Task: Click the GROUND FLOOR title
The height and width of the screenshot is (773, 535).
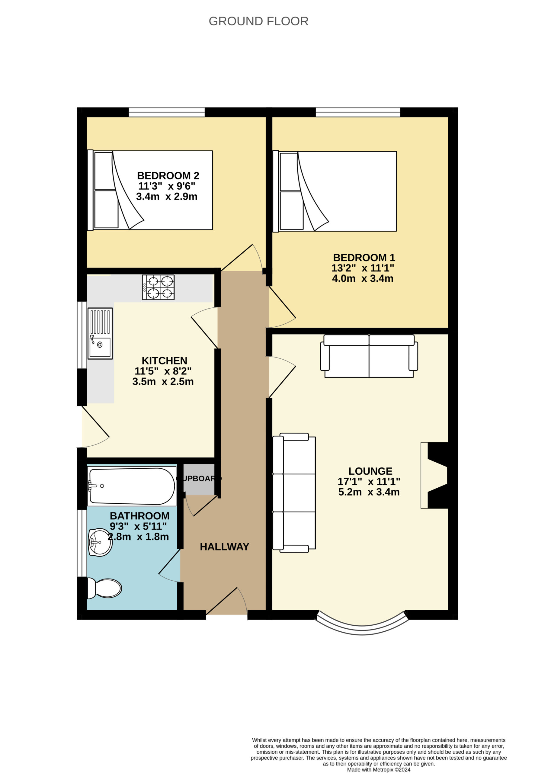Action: pyautogui.click(x=258, y=21)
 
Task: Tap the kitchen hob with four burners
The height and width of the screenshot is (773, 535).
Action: pyautogui.click(x=158, y=287)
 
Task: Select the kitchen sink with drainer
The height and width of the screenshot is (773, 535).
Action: pyautogui.click(x=100, y=333)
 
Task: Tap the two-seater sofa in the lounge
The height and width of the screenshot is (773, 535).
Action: pyautogui.click(x=369, y=356)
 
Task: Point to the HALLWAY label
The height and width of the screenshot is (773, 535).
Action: pyautogui.click(x=224, y=547)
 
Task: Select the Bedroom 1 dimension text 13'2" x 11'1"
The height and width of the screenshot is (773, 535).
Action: pyautogui.click(x=363, y=268)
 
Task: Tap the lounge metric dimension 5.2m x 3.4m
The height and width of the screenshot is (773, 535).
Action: pyautogui.click(x=369, y=492)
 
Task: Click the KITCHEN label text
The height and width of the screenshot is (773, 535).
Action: pyautogui.click(x=164, y=361)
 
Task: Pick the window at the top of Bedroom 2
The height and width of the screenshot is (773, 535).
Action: pyautogui.click(x=167, y=112)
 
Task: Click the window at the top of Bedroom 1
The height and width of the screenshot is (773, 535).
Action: pyautogui.click(x=358, y=112)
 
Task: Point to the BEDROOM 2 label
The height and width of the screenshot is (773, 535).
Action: pyautogui.click(x=168, y=176)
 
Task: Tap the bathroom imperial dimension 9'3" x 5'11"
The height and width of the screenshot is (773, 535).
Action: pyautogui.click(x=138, y=526)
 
